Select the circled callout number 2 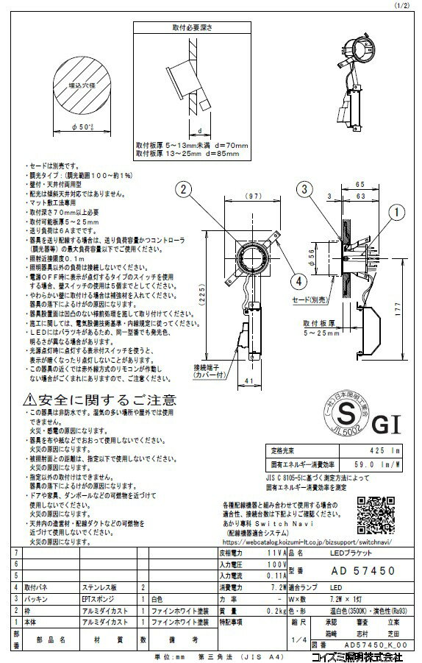[x=179, y=188]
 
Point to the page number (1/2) [x=407, y=5]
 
